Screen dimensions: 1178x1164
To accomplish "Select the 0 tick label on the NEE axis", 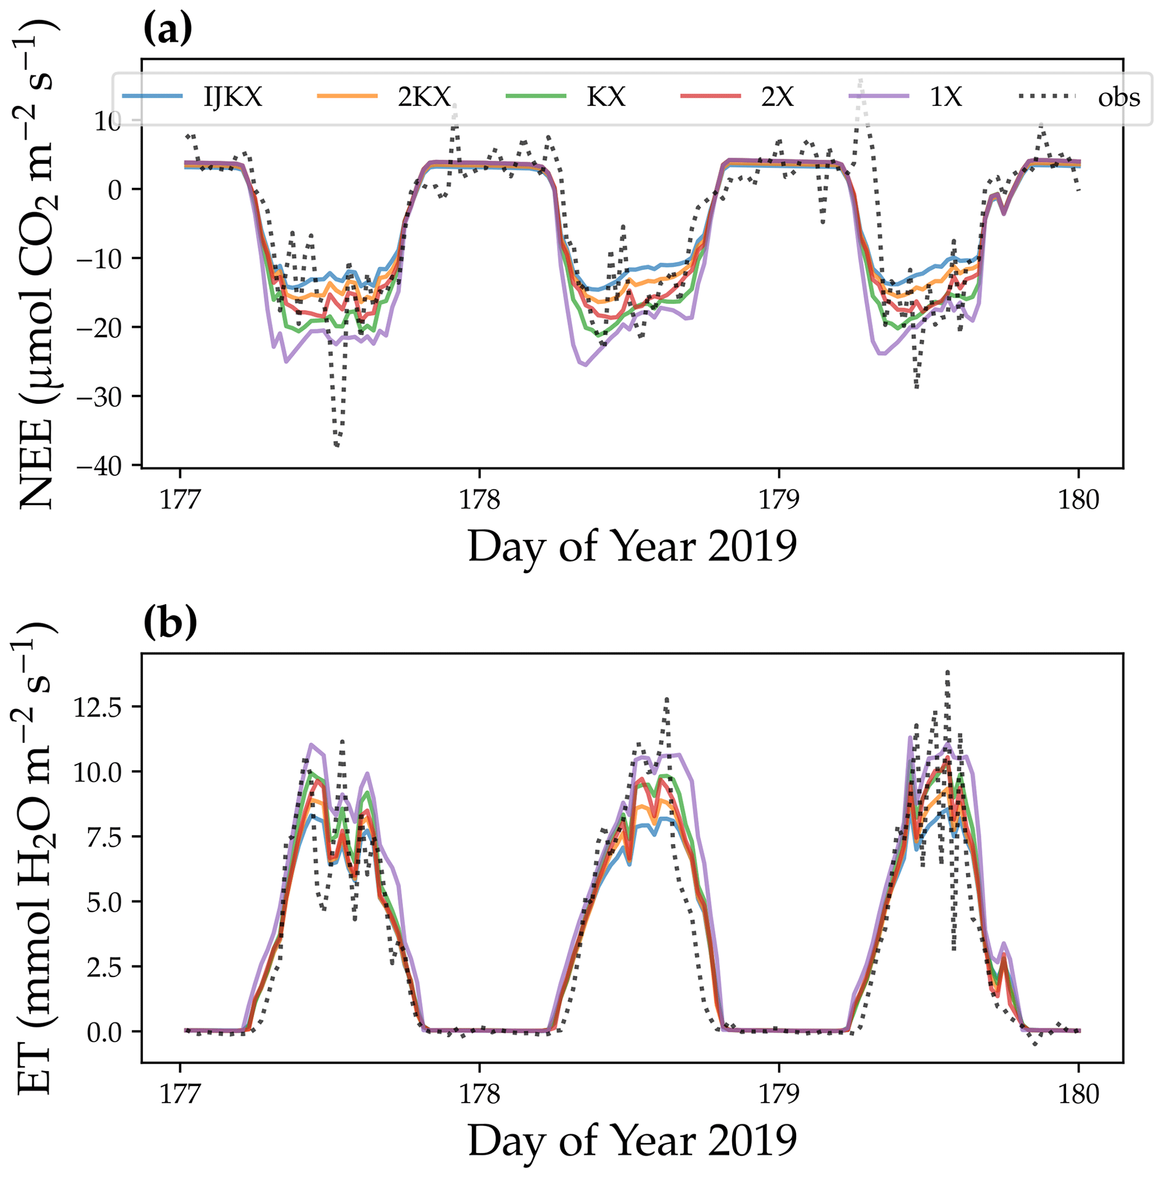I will pyautogui.click(x=115, y=190).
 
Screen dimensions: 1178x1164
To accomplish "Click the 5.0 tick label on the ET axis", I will pyautogui.click(x=104, y=901).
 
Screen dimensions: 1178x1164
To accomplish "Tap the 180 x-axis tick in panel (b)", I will pyautogui.click(x=1078, y=1095).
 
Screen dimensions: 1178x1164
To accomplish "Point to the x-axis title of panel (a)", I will pyautogui.click(x=632, y=546).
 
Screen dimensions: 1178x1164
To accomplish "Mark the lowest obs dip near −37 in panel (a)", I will pyautogui.click(x=337, y=445).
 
